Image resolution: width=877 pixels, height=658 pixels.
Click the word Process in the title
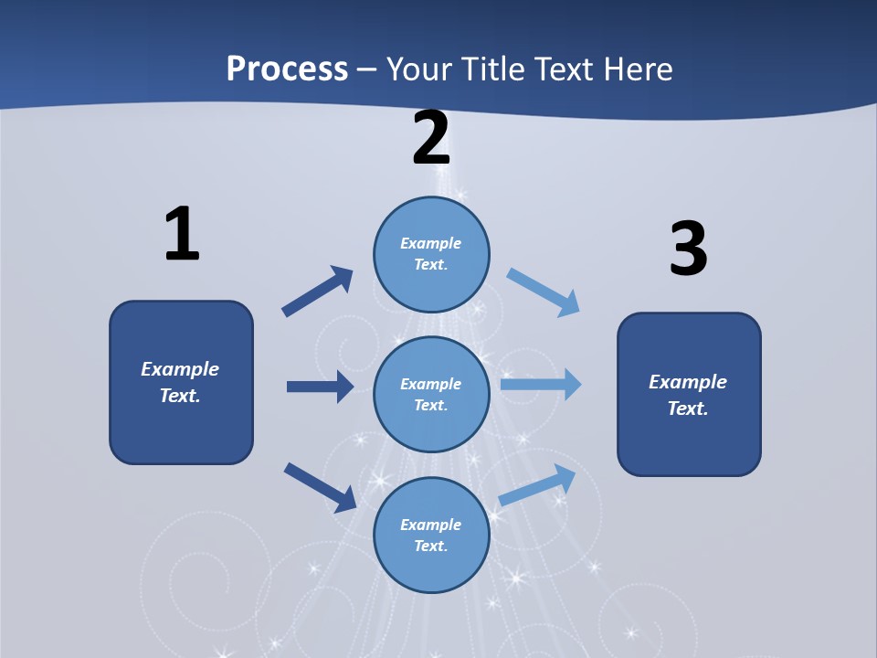click(287, 69)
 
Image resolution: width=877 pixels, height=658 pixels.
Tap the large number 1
click(182, 235)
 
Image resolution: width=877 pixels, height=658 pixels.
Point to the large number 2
click(431, 138)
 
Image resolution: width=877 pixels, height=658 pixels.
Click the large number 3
click(688, 249)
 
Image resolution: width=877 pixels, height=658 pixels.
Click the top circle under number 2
click(431, 254)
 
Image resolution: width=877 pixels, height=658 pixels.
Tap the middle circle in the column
click(431, 394)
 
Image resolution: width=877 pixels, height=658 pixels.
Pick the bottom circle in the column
click(431, 535)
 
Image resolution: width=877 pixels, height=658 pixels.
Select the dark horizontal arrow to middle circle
click(320, 387)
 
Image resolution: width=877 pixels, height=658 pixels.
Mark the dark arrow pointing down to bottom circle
click(321, 487)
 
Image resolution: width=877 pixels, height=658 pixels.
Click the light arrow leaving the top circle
click(544, 292)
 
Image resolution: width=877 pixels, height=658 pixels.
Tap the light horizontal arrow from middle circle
click(541, 385)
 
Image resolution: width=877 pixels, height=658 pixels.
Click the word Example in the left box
click(180, 369)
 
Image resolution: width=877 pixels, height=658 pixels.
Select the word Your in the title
click(418, 69)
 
